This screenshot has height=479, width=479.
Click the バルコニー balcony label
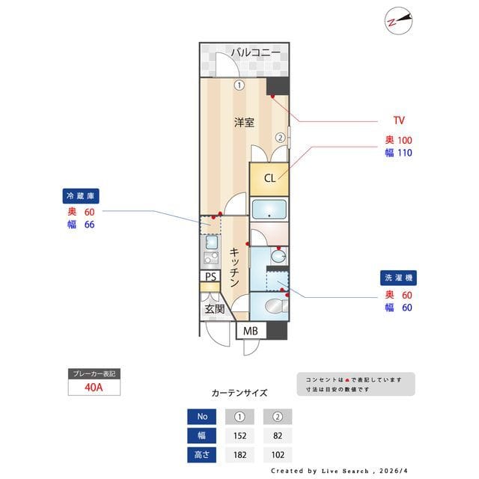[255, 52]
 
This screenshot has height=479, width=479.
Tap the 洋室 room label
[244, 122]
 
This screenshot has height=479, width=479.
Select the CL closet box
[269, 178]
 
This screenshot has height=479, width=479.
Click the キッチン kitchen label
[234, 268]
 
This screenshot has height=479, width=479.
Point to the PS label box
[211, 277]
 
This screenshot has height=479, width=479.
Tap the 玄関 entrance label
[215, 308]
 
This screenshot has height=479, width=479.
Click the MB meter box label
[251, 332]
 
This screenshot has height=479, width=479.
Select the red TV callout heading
[399, 120]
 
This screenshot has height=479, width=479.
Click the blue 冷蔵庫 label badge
[82, 195]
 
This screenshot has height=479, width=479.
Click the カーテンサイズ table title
[239, 393]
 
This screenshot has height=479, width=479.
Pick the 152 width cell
[239, 436]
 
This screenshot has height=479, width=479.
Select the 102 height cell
[277, 454]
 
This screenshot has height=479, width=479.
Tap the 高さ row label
[201, 454]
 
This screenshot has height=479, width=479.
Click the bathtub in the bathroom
[269, 209]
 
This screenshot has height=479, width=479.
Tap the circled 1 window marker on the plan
[239, 85]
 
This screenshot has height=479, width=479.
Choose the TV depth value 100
[405, 140]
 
